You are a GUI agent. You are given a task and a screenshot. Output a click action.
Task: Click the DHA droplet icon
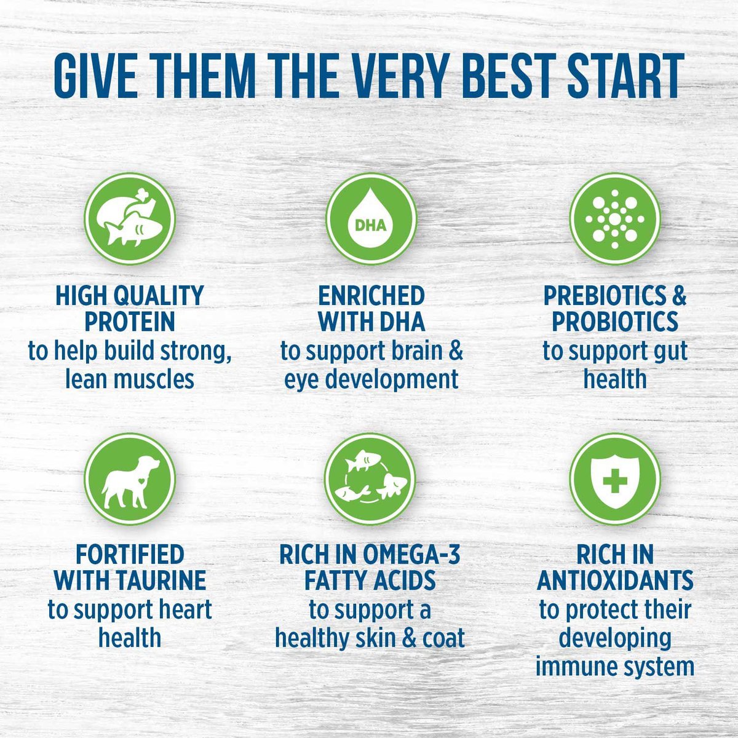(371, 218)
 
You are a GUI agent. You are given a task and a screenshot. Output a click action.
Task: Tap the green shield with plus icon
(615, 478)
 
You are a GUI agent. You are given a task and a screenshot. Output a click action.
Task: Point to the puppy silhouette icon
(130, 478)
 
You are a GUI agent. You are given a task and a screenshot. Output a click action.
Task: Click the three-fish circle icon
(371, 478)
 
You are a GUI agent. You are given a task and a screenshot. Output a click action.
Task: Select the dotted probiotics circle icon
(615, 218)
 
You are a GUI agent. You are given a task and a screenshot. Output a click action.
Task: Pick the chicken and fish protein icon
(130, 218)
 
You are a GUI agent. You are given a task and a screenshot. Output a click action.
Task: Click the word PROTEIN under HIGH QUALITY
(130, 322)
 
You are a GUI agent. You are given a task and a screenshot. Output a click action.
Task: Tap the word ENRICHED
(371, 296)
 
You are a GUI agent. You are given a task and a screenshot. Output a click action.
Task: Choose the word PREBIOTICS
(603, 296)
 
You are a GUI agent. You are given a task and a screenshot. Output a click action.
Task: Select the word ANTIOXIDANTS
(615, 581)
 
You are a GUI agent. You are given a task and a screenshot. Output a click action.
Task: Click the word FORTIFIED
(130, 555)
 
